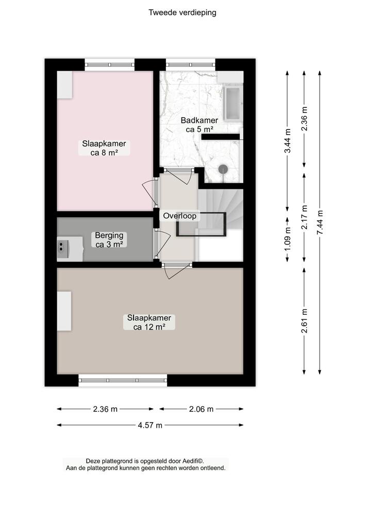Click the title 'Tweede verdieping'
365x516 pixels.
(x=182, y=13)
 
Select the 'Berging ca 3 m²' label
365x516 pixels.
(x=109, y=240)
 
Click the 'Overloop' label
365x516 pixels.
(x=179, y=216)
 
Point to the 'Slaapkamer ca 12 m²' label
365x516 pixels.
(x=149, y=322)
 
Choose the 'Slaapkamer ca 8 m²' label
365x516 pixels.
(x=104, y=148)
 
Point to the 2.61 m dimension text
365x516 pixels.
(x=304, y=320)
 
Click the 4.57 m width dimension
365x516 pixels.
(x=150, y=425)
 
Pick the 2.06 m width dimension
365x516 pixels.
(x=201, y=409)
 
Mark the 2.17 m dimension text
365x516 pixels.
(x=304, y=218)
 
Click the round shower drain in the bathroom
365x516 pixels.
(x=223, y=168)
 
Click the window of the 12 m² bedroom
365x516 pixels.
(x=123, y=380)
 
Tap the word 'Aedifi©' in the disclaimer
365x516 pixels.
(x=193, y=461)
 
